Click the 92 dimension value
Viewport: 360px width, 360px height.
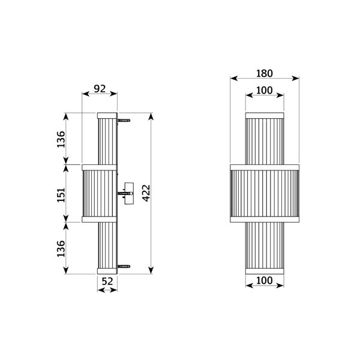pyautogui.click(x=100, y=88)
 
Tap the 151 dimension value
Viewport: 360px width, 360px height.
pyautogui.click(x=61, y=193)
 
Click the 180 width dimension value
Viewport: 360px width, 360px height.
pyautogui.click(x=265, y=73)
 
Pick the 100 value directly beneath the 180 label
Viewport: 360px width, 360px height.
pyautogui.click(x=265, y=90)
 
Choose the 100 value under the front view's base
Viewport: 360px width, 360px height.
pyautogui.click(x=265, y=280)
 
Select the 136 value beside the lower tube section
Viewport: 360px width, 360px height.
pyautogui.click(x=61, y=248)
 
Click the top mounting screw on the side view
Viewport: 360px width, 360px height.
pyautogui.click(x=125, y=120)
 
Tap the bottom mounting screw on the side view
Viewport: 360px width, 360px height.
pyautogui.click(x=125, y=266)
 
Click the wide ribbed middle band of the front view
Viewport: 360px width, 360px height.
pyautogui.click(x=265, y=193)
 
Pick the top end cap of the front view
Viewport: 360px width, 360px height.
pyautogui.click(x=265, y=114)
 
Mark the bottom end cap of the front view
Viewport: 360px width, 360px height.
pyautogui.click(x=265, y=272)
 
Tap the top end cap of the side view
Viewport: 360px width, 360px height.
pyautogui.click(x=107, y=113)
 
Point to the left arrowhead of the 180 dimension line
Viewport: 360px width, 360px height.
pyautogui.click(x=233, y=78)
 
